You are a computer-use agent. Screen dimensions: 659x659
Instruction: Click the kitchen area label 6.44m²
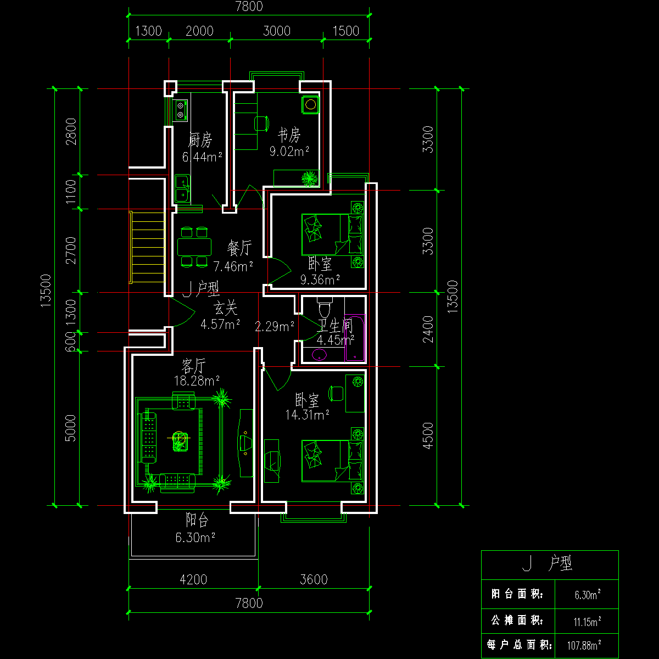(202, 157)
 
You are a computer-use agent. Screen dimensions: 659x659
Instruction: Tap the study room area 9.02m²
(289, 151)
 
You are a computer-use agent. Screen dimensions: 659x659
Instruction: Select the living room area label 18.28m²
(197, 381)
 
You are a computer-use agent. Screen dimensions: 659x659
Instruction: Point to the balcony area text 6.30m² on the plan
(196, 537)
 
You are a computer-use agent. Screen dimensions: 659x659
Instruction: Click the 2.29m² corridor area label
(274, 326)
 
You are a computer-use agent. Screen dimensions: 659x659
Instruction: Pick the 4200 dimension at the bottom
(193, 580)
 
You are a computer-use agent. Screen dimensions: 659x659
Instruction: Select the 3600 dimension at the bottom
(314, 580)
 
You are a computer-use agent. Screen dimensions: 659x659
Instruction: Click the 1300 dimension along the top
(148, 31)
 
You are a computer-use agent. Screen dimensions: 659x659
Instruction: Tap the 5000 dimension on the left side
(70, 428)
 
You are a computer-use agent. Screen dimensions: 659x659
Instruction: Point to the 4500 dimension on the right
(428, 435)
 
